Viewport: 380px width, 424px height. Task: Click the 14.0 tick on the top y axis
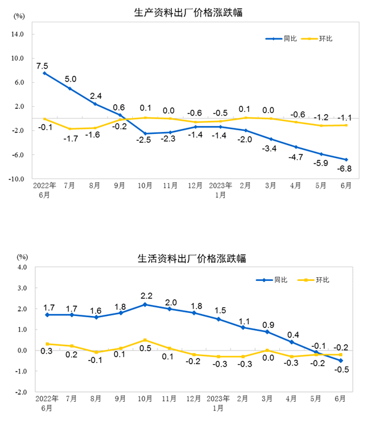[x=16, y=34]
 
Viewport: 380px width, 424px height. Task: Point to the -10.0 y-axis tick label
[x=15, y=179]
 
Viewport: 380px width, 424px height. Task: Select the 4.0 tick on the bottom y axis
[x=22, y=267]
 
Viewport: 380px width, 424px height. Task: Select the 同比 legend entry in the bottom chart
[x=281, y=280]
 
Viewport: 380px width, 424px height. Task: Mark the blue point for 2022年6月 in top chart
[x=44, y=73]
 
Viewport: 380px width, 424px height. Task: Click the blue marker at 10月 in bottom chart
[x=145, y=304]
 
